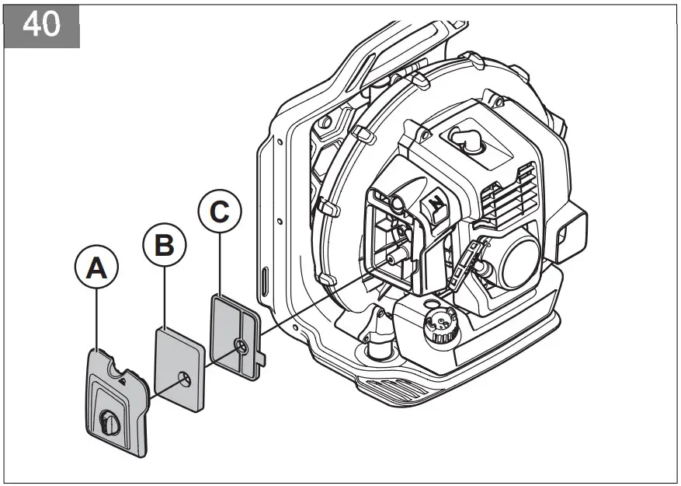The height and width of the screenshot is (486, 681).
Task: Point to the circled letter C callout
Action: (220, 210)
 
